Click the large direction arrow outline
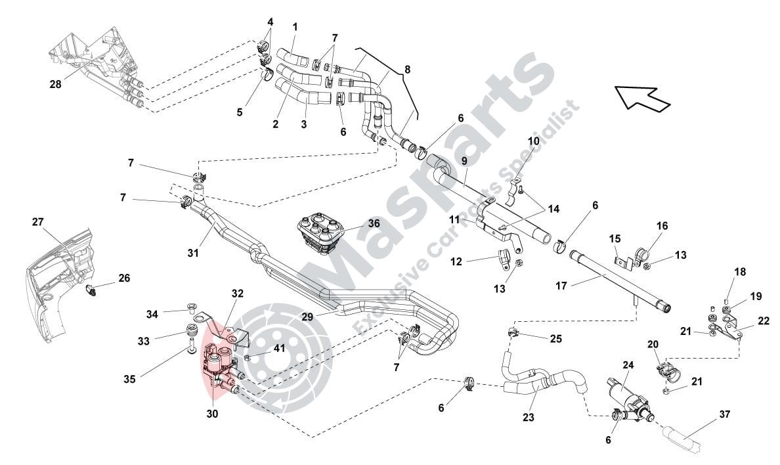coord(641,98)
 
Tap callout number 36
coord(374,223)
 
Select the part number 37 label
coord(724,414)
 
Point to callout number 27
coord(37,222)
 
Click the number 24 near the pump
coord(628,365)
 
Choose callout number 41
coord(279,349)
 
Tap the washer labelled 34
coord(192,306)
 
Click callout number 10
coord(533,141)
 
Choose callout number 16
coord(661,226)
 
